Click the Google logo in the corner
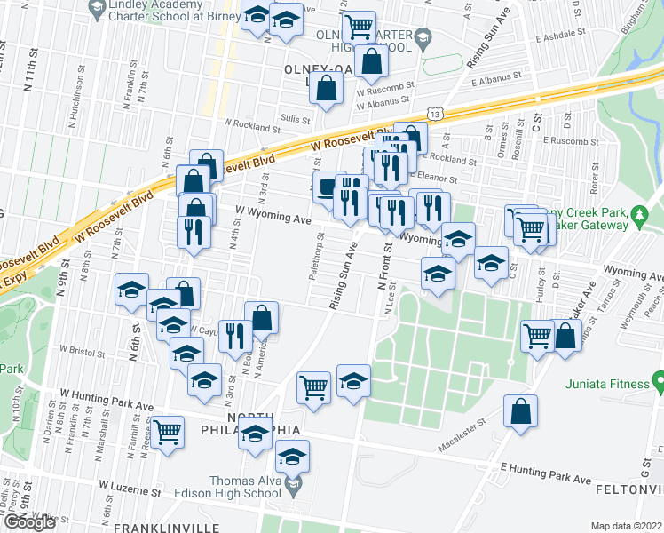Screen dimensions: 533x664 29,522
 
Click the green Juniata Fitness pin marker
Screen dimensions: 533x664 658,383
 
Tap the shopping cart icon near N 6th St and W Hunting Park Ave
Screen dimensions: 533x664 167,432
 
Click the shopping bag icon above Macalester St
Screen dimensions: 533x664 520,411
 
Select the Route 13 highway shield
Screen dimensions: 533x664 434,114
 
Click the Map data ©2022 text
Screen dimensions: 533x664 627,526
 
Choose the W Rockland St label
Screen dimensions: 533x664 251,127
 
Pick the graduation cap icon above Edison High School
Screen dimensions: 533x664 291,457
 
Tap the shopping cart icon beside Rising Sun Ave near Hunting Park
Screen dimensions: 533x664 314,386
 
